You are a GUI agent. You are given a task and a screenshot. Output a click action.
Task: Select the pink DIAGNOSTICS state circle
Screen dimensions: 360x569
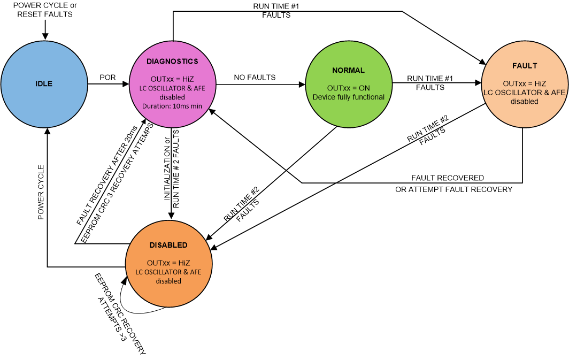(172, 83)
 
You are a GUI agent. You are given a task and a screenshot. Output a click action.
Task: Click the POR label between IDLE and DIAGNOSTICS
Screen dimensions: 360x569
(107, 78)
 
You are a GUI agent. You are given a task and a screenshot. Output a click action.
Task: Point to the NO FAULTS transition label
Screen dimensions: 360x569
(255, 78)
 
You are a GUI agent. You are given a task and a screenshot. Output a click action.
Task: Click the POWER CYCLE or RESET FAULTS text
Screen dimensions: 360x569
(45, 10)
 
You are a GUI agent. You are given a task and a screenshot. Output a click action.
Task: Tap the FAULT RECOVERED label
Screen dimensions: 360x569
(447, 178)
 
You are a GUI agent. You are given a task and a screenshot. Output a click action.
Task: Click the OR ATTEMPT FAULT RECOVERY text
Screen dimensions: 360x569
(453, 189)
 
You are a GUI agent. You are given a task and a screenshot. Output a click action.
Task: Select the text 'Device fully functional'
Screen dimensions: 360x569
(348, 97)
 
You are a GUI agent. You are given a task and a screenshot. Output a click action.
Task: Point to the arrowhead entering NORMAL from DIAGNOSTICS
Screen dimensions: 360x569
(301, 83)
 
